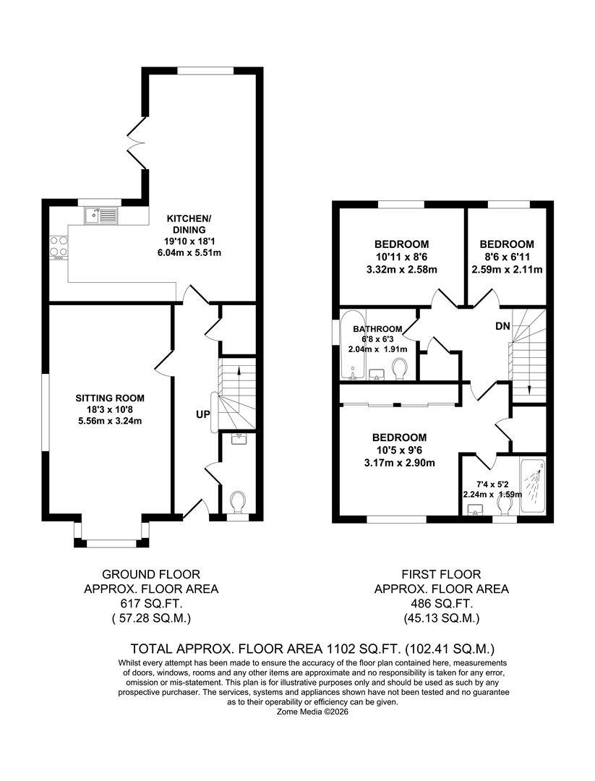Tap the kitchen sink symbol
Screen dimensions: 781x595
pyautogui.click(x=100, y=215)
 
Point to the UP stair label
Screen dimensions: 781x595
pyautogui.click(x=202, y=415)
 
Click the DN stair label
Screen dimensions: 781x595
pyautogui.click(x=503, y=326)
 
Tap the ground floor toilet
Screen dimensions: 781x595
pyautogui.click(x=237, y=500)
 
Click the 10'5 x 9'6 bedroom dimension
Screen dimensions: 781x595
pyautogui.click(x=399, y=450)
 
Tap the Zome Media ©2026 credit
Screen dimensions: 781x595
pyautogui.click(x=312, y=712)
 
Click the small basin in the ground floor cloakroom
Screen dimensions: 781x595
pyautogui.click(x=237, y=438)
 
